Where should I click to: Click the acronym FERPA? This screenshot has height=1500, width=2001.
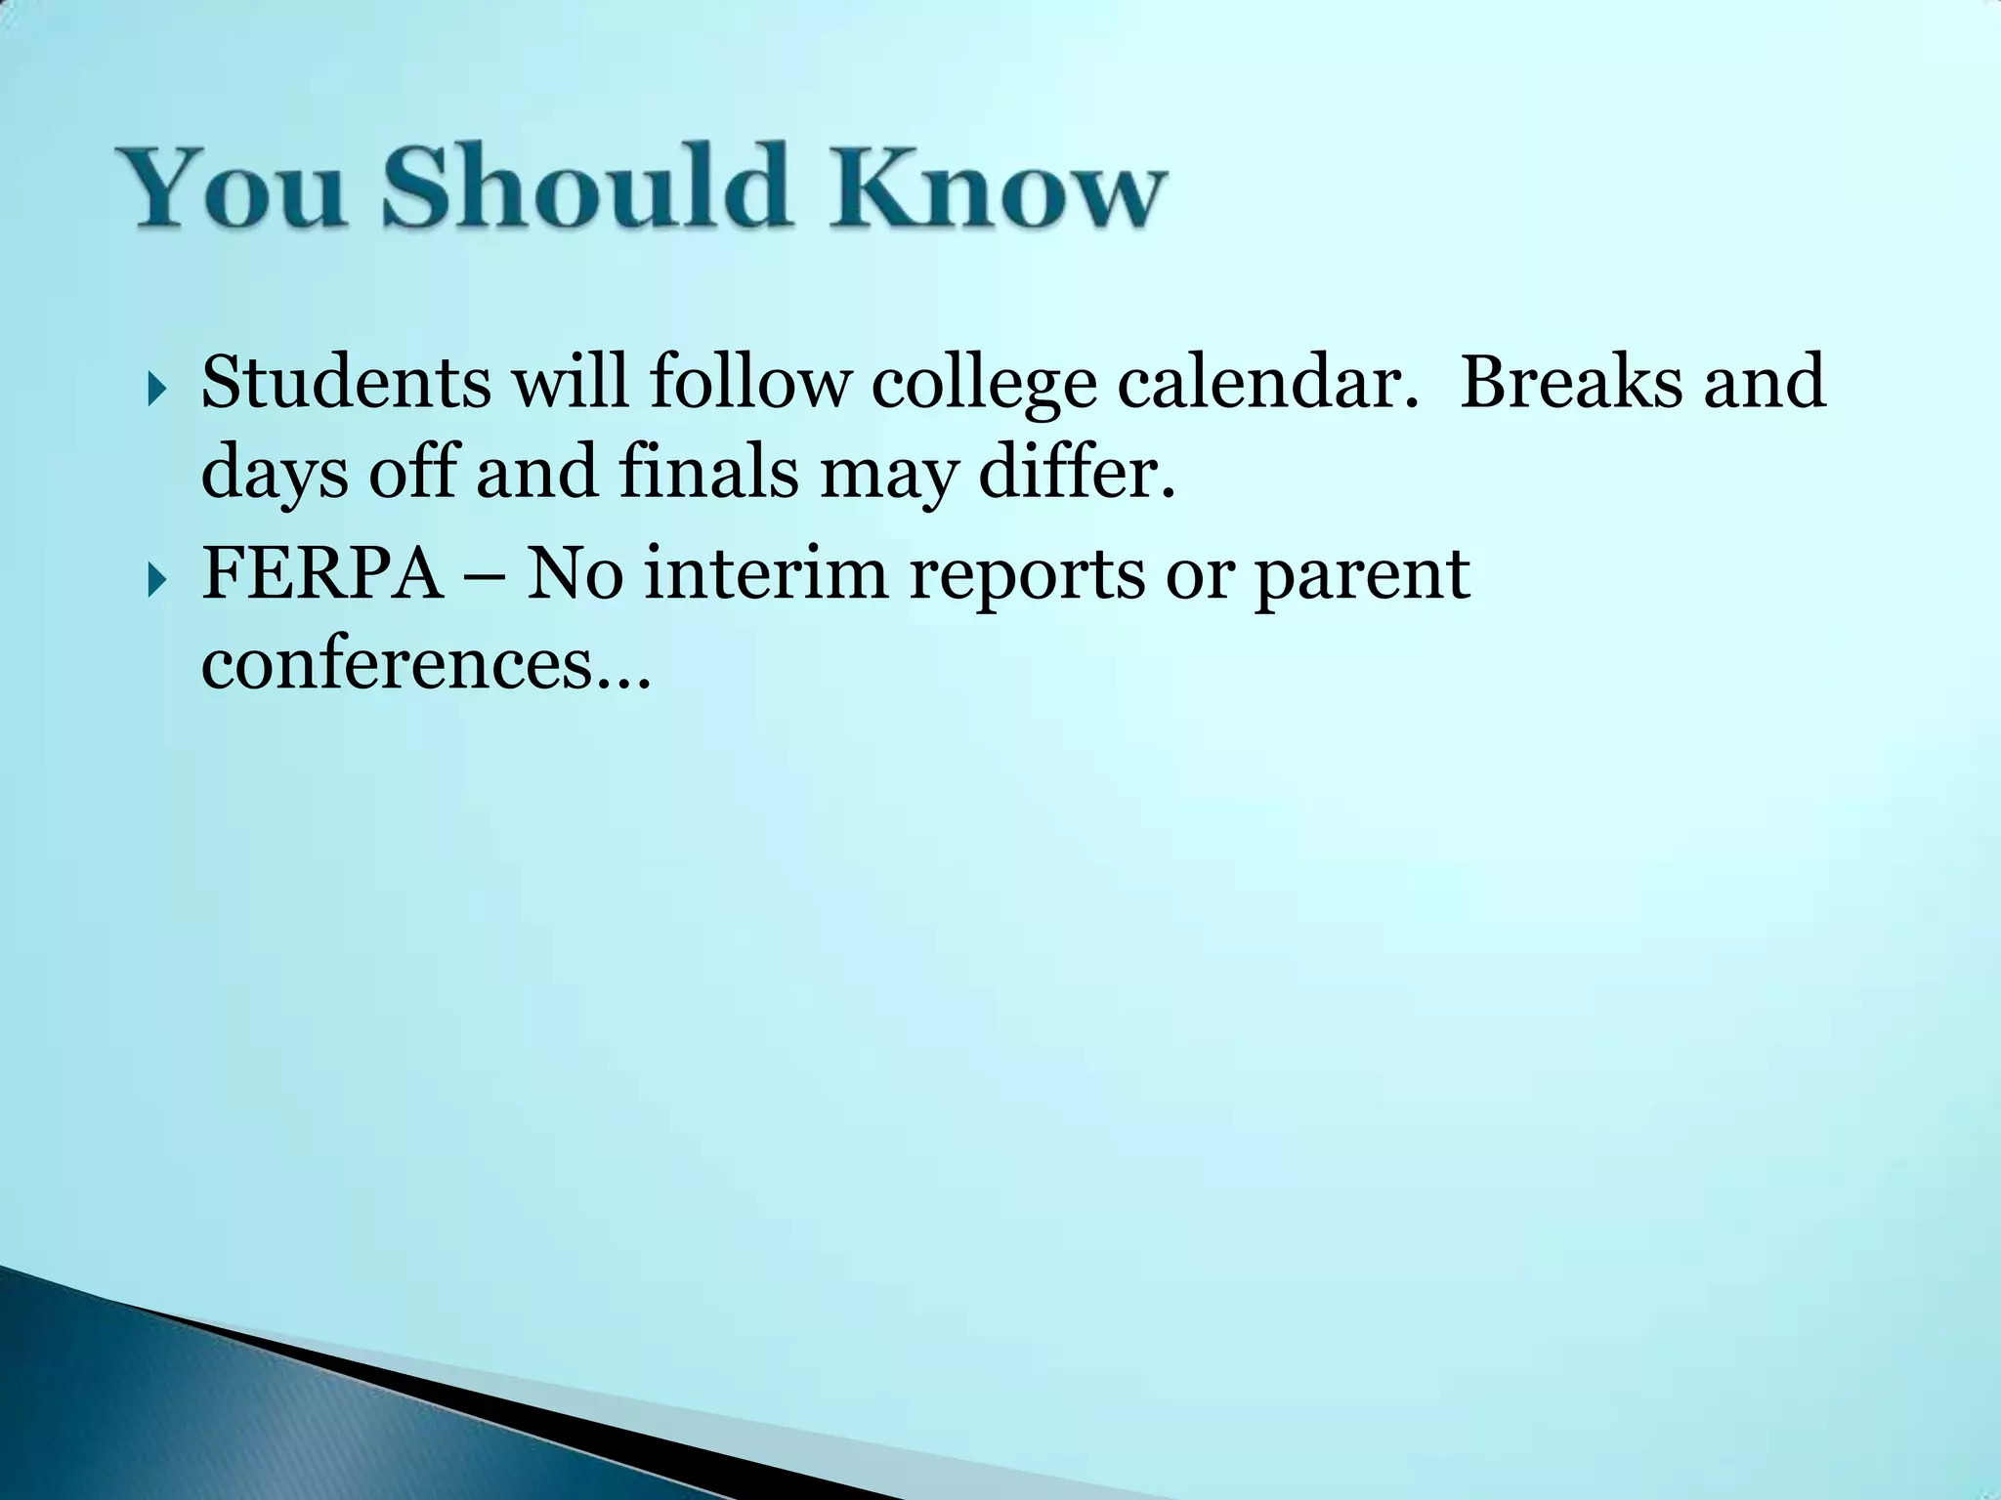pyautogui.click(x=322, y=573)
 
